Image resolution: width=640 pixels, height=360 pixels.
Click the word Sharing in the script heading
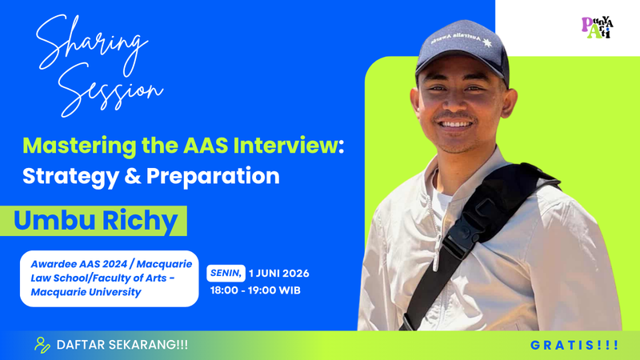pyautogui.click(x=92, y=44)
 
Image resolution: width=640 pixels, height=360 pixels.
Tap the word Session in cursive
pyautogui.click(x=110, y=90)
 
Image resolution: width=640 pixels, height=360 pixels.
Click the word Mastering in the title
pyautogui.click(x=79, y=146)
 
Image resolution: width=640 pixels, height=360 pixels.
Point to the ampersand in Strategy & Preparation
pyautogui.click(x=132, y=176)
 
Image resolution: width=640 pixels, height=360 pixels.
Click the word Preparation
pyautogui.click(x=213, y=177)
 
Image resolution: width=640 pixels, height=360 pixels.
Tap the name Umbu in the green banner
pyautogui.click(x=54, y=220)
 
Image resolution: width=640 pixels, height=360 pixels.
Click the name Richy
pyautogui.click(x=140, y=222)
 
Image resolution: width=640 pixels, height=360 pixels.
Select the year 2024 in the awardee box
pyautogui.click(x=114, y=264)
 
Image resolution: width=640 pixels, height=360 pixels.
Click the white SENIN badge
pyautogui.click(x=226, y=273)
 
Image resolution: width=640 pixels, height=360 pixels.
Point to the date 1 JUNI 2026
pyautogui.click(x=278, y=273)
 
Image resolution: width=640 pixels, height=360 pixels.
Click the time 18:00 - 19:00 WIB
pyautogui.click(x=255, y=290)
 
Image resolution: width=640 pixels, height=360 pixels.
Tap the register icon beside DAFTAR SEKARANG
pyautogui.click(x=42, y=345)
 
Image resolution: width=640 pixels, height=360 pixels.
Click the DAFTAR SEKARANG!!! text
pyautogui.click(x=122, y=345)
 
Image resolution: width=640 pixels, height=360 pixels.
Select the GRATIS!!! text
pyautogui.click(x=574, y=346)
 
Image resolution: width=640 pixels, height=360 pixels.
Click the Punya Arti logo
pyautogui.click(x=598, y=27)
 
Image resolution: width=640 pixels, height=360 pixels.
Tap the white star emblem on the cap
pyautogui.click(x=487, y=42)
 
